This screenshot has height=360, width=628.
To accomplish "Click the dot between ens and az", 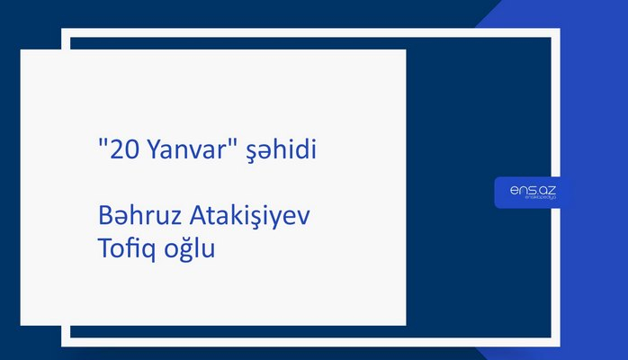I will [x=531, y=192].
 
